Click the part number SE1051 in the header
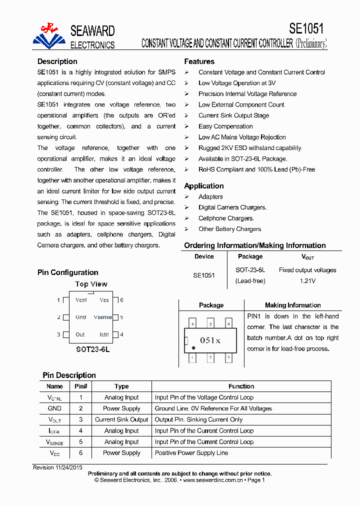point(306,28)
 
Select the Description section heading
point(57,61)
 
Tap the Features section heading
point(199,61)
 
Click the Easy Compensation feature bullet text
point(225,126)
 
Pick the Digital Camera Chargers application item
point(232,207)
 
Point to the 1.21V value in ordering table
point(307,281)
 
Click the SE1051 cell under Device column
point(204,275)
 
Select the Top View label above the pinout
point(91,284)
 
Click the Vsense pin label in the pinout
point(102,317)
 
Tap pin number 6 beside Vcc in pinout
point(121,300)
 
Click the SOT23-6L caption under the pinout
point(92,349)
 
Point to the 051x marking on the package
point(210,340)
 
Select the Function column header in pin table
point(241,386)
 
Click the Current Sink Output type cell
point(121,420)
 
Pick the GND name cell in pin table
point(54,408)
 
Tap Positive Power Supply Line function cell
point(191,453)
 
